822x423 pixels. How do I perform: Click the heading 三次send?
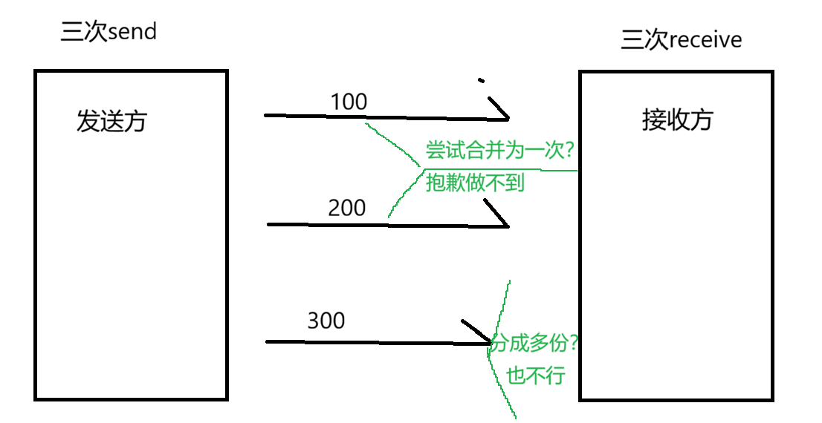[x=109, y=33]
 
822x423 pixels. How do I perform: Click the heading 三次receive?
[x=682, y=39]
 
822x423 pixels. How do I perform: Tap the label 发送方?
[x=111, y=121]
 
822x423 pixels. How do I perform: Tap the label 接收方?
[x=677, y=119]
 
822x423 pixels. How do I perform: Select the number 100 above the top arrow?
[x=348, y=102]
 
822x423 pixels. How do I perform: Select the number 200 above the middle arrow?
[x=346, y=208]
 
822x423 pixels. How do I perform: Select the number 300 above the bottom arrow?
[x=326, y=321]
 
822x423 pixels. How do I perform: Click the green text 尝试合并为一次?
[x=499, y=151]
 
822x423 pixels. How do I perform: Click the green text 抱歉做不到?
[x=476, y=183]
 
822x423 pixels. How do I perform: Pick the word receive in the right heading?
[x=705, y=39]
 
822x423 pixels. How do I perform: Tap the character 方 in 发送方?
[x=135, y=121]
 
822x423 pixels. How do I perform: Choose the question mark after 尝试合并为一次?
[x=569, y=151]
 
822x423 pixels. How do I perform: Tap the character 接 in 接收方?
[x=653, y=119]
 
